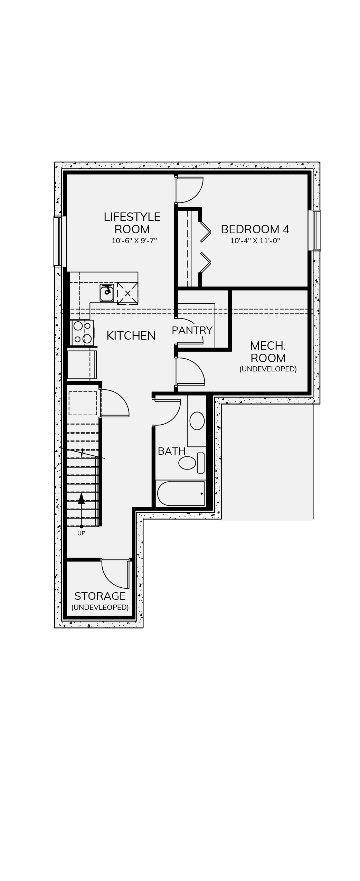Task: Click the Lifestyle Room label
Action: point(132,223)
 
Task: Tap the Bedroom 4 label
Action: point(255,229)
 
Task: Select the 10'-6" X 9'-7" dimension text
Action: point(134,241)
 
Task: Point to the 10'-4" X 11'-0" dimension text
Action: point(255,241)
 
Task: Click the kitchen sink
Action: point(107,293)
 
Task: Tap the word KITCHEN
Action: point(131,335)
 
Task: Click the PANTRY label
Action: point(192,330)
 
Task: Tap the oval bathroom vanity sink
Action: point(197,421)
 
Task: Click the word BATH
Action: point(172,451)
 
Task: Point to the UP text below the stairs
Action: point(81,533)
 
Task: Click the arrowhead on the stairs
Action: point(81,499)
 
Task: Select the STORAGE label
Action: point(100,596)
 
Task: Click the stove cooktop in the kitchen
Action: point(82,333)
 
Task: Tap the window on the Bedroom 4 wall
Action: point(314,230)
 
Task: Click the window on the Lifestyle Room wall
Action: point(60,241)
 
